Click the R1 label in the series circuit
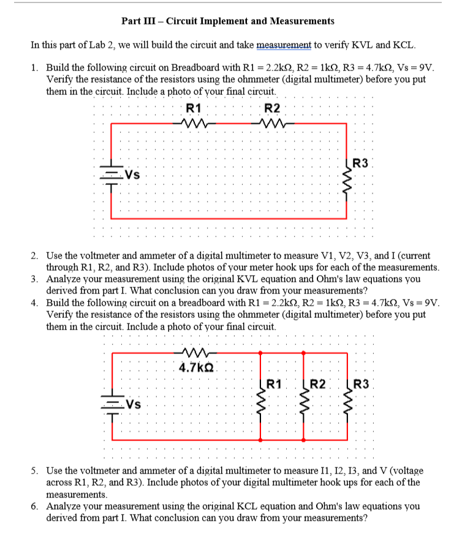194,108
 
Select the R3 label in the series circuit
361,164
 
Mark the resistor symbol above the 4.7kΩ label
195,353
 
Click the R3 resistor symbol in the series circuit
347,178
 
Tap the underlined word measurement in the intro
284,45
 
